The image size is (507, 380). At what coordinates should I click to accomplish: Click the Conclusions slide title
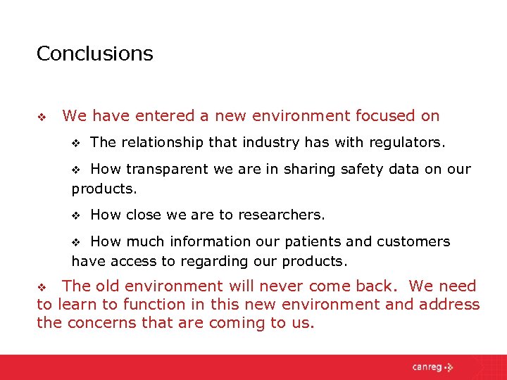pos(94,53)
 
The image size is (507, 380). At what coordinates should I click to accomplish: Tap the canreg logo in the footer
pos(433,367)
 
